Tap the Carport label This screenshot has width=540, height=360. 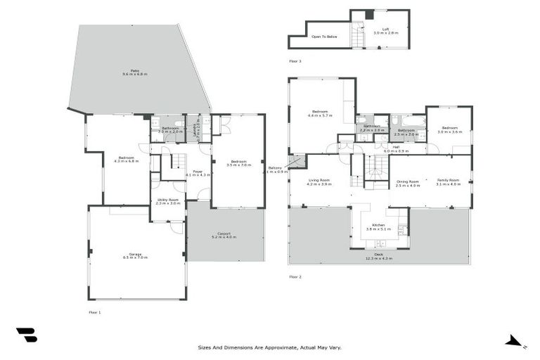pyautogui.click(x=225, y=236)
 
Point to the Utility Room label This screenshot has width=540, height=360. pyautogui.click(x=168, y=201)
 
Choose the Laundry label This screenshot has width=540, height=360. pyautogui.click(x=198, y=129)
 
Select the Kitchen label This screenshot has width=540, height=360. pyautogui.click(x=378, y=227)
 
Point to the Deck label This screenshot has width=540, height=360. pyautogui.click(x=378, y=257)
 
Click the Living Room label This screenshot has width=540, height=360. pyautogui.click(x=320, y=182)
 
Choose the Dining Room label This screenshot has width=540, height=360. pyautogui.click(x=407, y=183)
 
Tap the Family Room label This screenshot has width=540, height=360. pyautogui.click(x=447, y=182)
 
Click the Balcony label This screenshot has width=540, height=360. pyautogui.click(x=275, y=169)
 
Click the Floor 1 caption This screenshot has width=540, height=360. pyautogui.click(x=95, y=311)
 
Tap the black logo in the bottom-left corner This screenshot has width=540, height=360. pyautogui.click(x=27, y=335)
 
